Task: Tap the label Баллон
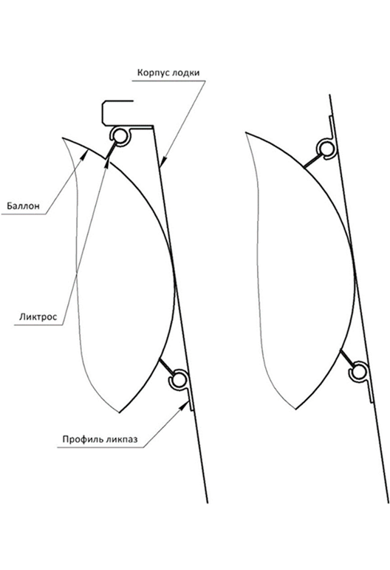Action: (x=23, y=206)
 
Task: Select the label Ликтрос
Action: (x=38, y=316)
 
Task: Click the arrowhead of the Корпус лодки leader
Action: (x=163, y=160)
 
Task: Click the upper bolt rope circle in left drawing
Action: (x=119, y=136)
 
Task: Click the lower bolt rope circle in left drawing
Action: (x=178, y=380)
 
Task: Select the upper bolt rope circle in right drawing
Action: (x=326, y=149)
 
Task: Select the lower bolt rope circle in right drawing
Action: (x=359, y=372)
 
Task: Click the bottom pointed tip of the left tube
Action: (x=120, y=413)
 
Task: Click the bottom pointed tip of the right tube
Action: (x=296, y=409)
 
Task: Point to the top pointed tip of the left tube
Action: (x=63, y=138)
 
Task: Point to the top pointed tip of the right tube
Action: (x=246, y=132)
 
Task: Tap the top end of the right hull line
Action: (x=329, y=95)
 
